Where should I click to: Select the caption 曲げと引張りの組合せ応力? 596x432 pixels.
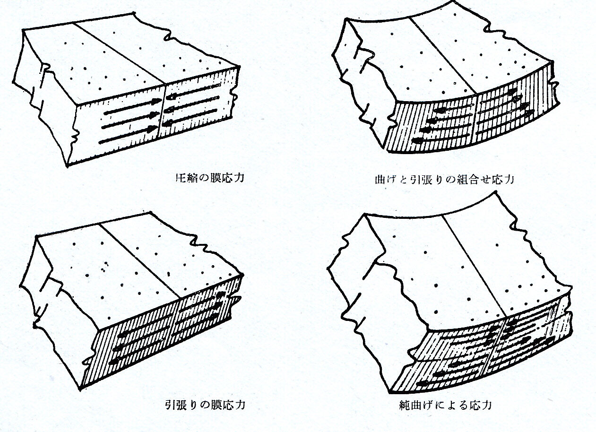(443, 180)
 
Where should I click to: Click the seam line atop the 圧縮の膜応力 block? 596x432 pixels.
(121, 52)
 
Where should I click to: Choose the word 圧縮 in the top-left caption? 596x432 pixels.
(182, 178)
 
